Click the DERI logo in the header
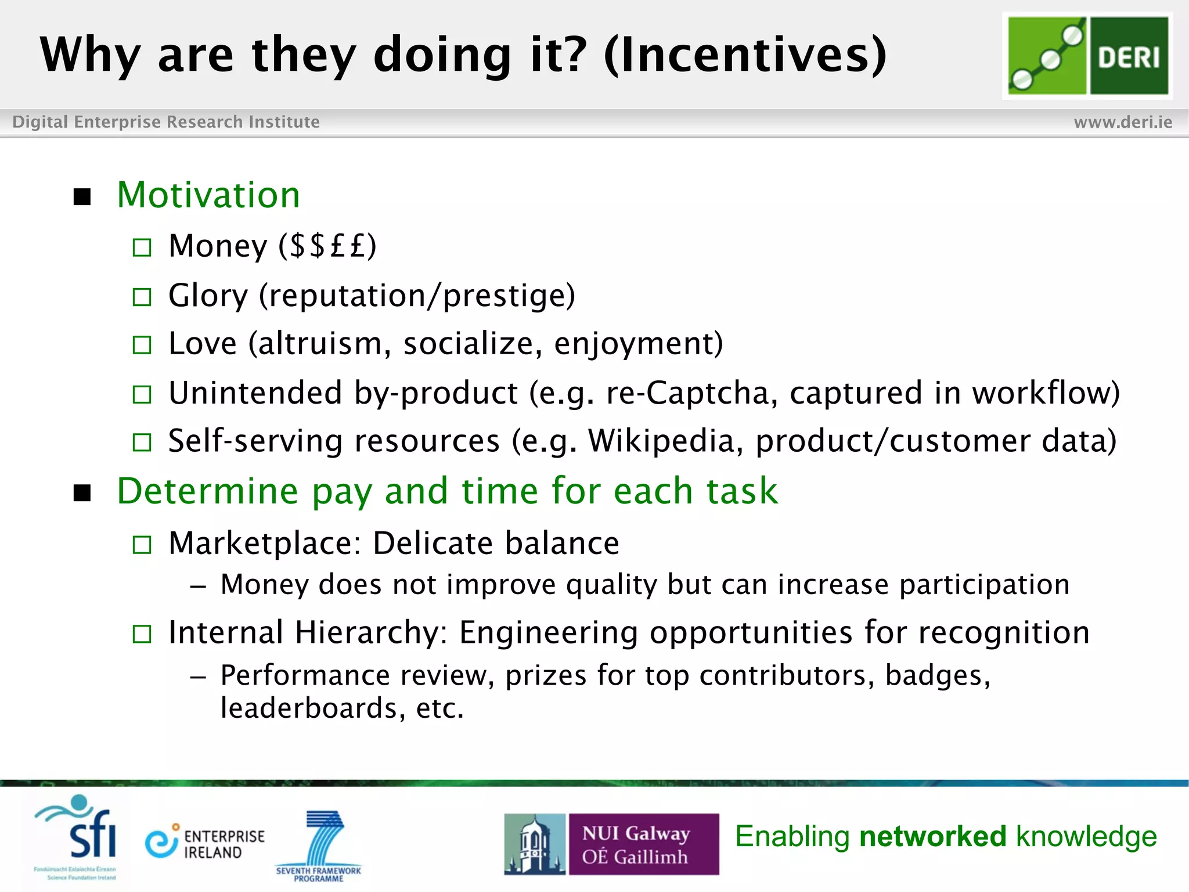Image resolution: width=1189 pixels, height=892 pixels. point(1087,56)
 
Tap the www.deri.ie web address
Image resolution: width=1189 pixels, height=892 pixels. point(1122,122)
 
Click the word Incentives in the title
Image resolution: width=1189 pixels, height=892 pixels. point(745,55)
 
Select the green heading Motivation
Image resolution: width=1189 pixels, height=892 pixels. point(208,195)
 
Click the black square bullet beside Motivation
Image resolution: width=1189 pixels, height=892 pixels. point(82,197)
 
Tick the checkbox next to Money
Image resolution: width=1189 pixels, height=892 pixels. point(142,248)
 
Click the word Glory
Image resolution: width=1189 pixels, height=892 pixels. point(208,296)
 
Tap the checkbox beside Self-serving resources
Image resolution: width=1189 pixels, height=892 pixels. point(142,443)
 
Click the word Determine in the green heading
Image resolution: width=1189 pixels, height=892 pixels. point(207,491)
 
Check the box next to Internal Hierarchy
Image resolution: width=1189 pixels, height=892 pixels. point(142,634)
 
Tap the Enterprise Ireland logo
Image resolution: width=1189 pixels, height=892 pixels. point(205,843)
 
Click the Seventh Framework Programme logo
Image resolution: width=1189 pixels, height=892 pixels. point(319,845)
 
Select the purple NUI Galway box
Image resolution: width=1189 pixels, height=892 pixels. point(643,844)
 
